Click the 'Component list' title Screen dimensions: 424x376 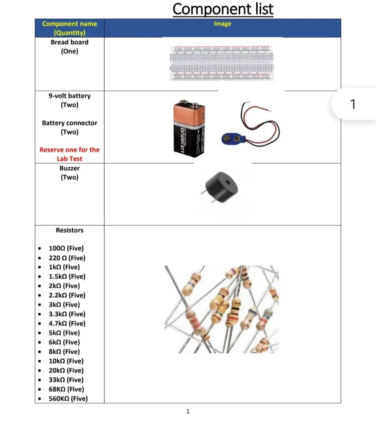(x=223, y=9)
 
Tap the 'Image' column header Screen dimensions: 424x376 (x=222, y=24)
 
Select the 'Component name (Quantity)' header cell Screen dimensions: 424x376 (x=69, y=28)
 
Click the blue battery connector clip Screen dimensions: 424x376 (x=233, y=138)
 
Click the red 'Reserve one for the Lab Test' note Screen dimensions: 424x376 (x=69, y=154)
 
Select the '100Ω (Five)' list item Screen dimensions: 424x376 (x=66, y=248)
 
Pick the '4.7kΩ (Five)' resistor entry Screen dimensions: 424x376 (x=67, y=323)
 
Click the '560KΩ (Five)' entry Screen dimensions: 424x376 (x=68, y=399)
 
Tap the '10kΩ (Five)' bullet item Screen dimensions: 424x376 (x=66, y=361)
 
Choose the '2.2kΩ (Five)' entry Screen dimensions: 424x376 (x=67, y=295)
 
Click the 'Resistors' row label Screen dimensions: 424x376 (x=69, y=230)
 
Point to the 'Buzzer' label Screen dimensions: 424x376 (x=69, y=168)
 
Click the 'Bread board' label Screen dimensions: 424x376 (x=69, y=42)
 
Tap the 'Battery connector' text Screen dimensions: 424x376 (x=69, y=123)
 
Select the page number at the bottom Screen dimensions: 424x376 (x=188, y=411)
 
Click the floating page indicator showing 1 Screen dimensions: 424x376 (x=353, y=104)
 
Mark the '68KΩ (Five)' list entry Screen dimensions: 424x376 (x=66, y=389)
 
